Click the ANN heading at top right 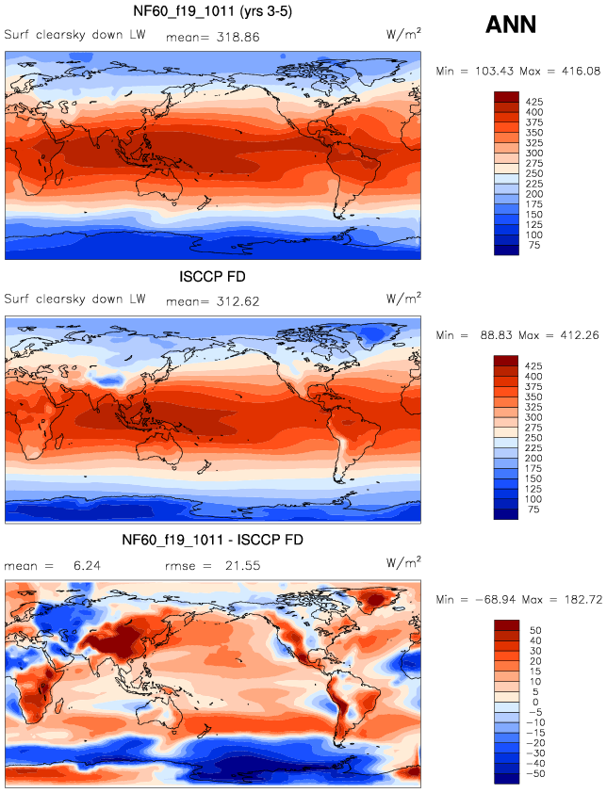point(510,25)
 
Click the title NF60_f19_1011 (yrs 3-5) point(212,12)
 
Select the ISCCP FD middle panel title point(212,278)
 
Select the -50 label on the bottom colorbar point(537,773)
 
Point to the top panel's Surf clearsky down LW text point(74,36)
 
